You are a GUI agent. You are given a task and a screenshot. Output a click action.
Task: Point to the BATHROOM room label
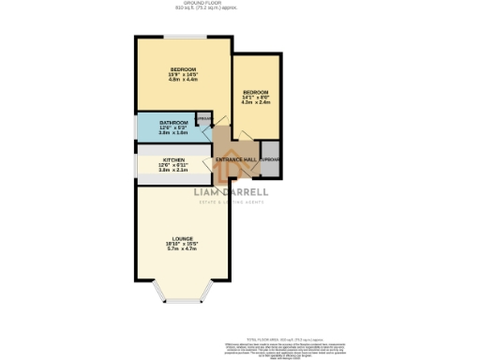point(173,123)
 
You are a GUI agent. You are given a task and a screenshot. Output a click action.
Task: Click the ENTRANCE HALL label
point(236,159)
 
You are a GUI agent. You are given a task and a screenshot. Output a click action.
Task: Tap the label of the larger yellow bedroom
point(183,69)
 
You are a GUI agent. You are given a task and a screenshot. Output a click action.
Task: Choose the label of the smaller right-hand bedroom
point(255,91)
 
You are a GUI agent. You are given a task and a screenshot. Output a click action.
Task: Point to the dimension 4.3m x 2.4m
point(255,102)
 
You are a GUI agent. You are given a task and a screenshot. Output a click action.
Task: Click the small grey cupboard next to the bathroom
point(203,119)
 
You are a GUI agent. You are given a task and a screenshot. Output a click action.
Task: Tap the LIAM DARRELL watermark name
point(231,193)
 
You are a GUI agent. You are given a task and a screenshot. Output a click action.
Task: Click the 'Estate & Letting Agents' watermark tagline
point(231,203)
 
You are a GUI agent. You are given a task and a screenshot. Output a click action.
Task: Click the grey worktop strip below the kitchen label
point(173,178)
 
